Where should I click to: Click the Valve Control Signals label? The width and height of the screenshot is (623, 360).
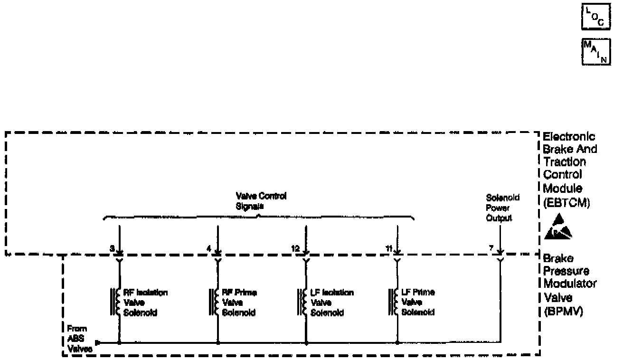[x=261, y=201]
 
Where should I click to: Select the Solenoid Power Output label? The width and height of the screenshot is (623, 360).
[x=499, y=208]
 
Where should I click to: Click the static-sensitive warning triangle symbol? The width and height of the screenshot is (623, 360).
[x=559, y=227]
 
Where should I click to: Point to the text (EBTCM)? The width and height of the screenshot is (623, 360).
[x=566, y=202]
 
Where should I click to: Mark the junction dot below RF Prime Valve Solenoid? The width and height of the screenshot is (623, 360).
[x=218, y=342]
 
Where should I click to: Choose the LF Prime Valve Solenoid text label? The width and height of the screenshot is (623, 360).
[x=418, y=302]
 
